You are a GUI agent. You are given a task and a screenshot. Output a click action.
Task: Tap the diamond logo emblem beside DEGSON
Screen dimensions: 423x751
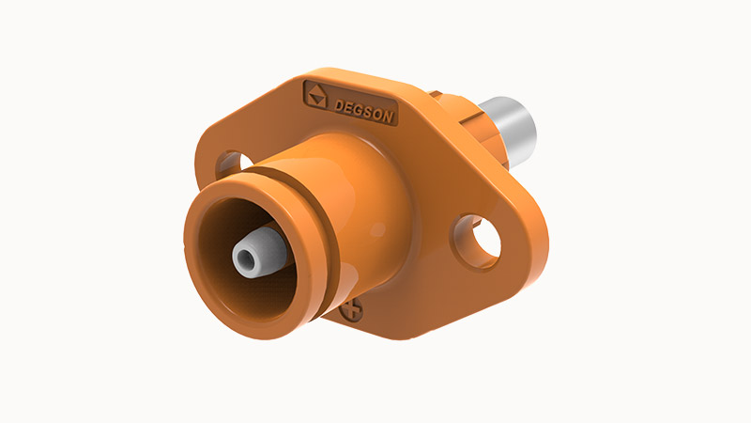tap(317, 94)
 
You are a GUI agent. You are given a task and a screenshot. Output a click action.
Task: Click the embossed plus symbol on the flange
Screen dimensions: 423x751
tap(354, 308)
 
